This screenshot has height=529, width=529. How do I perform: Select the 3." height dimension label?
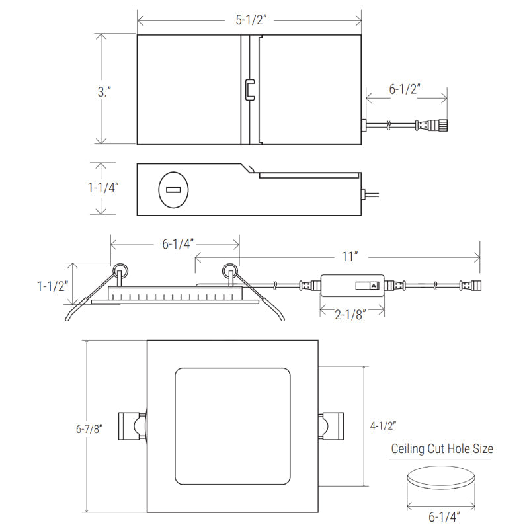pos(104,92)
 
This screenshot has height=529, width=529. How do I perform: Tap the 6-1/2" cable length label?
pos(405,89)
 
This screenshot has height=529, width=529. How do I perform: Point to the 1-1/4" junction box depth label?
pos(102,188)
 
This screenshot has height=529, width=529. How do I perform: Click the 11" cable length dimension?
pos(350,255)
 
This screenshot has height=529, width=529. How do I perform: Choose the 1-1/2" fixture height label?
pos(53,286)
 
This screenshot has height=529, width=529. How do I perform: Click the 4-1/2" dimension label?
pos(384,426)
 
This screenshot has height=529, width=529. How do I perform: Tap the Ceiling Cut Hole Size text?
pos(442,449)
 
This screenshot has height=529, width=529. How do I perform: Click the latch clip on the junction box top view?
pos(249,89)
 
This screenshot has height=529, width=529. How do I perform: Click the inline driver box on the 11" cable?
pos(352,286)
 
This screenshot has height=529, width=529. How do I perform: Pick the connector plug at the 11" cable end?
pos(473,286)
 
